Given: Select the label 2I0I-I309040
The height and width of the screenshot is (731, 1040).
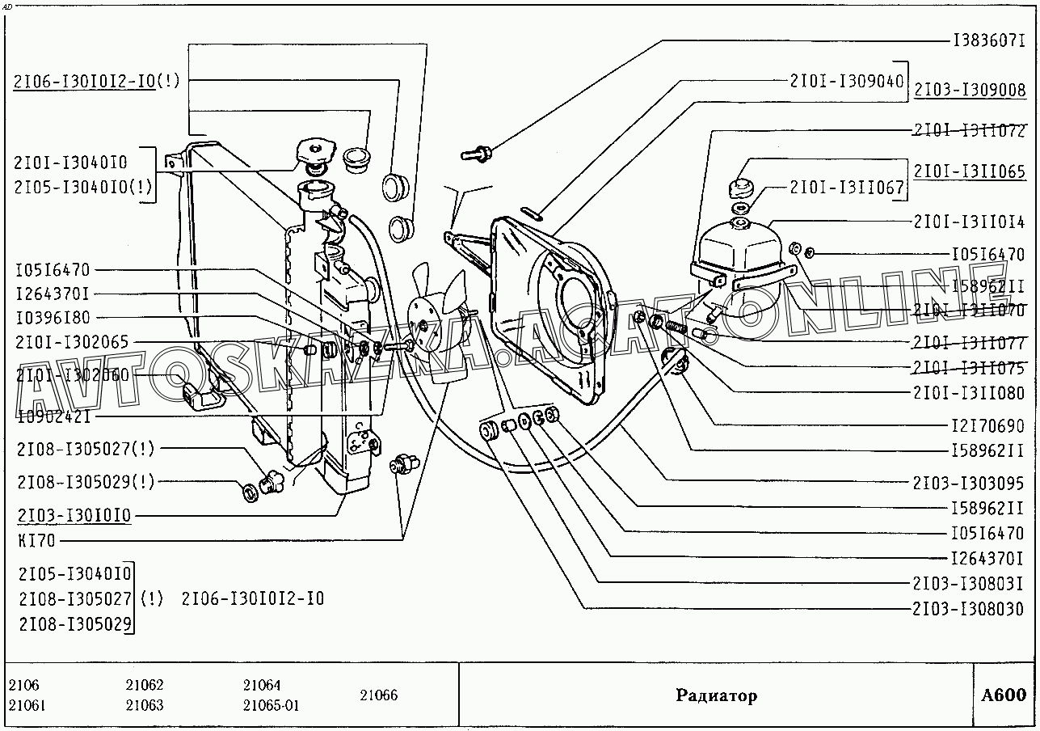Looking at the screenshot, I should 847,81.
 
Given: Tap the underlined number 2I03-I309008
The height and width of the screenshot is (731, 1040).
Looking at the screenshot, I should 970,91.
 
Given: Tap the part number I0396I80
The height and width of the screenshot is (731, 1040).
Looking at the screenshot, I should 53,318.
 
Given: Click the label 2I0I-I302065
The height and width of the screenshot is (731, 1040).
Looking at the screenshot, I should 71,343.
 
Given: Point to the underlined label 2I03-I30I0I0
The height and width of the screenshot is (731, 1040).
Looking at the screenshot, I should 73,515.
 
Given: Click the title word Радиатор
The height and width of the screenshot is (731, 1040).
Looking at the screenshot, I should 716,696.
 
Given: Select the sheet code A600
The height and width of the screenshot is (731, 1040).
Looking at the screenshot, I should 1004,695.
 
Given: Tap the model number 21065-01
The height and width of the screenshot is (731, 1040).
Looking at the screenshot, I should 271,705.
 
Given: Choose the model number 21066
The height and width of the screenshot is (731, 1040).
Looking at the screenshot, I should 379,695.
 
